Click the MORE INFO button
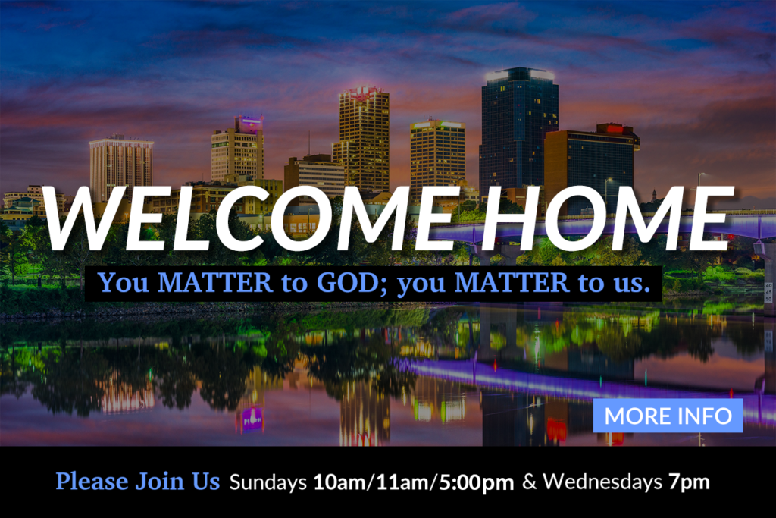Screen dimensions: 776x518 click(668, 416)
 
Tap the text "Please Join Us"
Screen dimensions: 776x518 click(138, 482)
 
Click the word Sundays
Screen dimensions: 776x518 click(268, 482)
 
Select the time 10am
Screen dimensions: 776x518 click(339, 482)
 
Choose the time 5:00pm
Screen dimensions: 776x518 click(476, 482)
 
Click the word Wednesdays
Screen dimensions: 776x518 click(602, 482)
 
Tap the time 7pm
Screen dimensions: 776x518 click(689, 482)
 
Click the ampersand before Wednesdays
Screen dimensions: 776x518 click(528, 482)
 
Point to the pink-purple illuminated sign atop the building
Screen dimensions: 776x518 click(249, 124)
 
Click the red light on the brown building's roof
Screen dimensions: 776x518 click(615, 129)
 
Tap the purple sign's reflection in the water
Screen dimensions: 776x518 click(252, 419)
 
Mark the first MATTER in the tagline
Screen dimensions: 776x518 click(214, 282)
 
